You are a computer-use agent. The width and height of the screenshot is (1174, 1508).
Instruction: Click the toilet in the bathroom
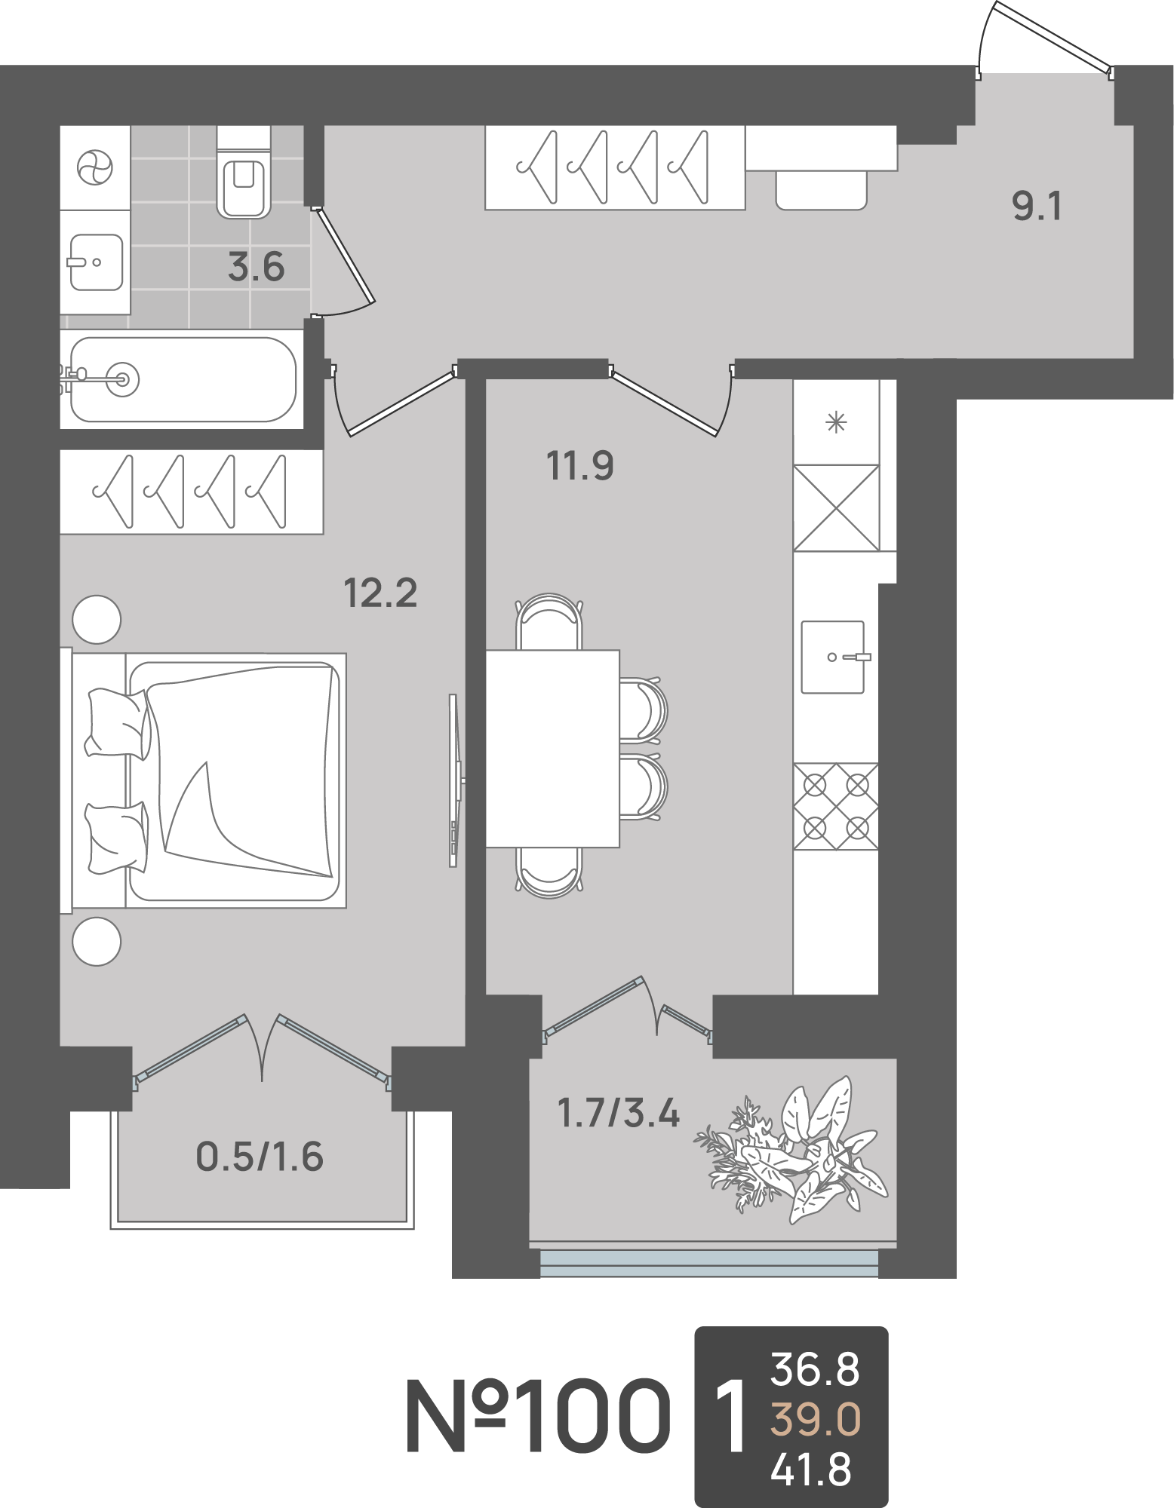coord(244,173)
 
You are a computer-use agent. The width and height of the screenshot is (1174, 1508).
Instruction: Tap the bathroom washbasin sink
coord(96,262)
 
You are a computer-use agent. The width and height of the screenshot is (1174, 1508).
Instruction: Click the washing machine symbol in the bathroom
coord(95,167)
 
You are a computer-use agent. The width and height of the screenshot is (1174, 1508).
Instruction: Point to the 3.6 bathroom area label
coord(257,268)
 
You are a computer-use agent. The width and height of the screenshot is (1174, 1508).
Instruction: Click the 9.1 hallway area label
coord(1037,206)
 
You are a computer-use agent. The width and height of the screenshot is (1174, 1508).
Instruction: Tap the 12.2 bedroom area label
coord(380,593)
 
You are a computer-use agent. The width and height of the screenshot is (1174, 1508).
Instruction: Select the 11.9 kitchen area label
coord(579,466)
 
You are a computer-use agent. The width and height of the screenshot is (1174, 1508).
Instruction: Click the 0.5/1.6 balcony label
coord(260,1157)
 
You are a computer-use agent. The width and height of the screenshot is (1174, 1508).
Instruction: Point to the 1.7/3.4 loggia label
coord(619,1113)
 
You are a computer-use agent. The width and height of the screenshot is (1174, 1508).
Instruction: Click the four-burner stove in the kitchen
coord(836,807)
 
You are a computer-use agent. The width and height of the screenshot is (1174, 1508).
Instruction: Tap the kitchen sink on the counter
coord(834,657)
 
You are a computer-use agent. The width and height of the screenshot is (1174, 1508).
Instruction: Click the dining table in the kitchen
coord(552,749)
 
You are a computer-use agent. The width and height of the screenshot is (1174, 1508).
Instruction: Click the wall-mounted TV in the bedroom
coord(455,780)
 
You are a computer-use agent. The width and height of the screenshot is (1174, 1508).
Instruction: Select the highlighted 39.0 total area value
coord(815,1419)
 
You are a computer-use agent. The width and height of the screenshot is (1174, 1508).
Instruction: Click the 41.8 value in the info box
coord(811,1470)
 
